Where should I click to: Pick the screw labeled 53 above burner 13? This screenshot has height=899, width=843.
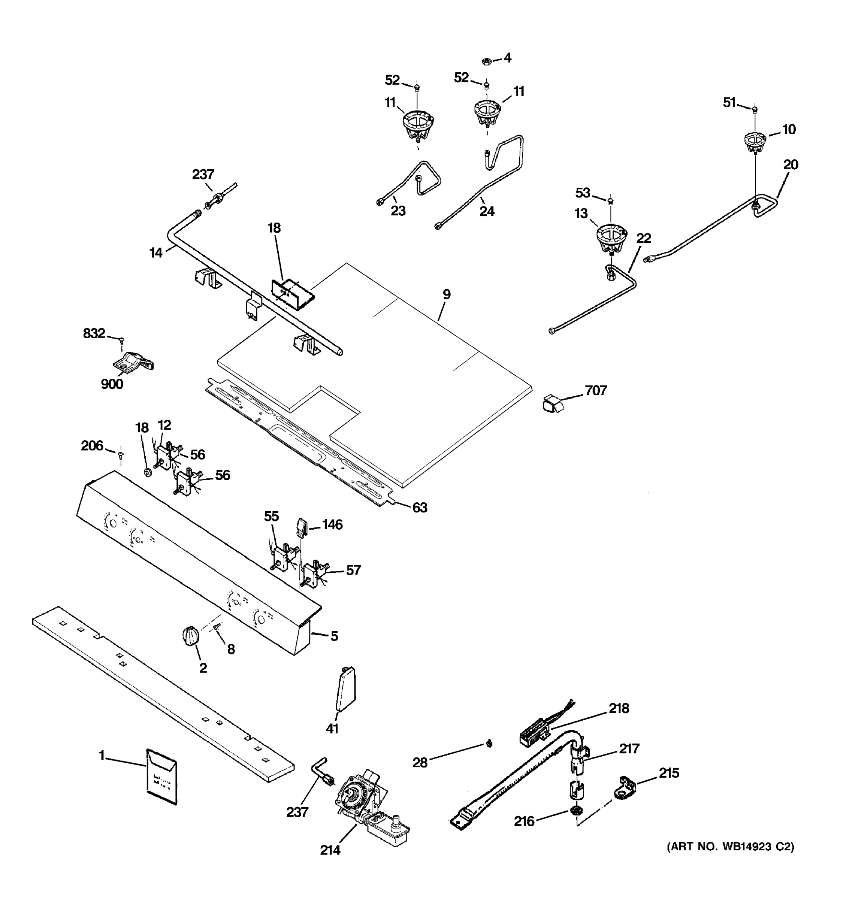click(x=611, y=200)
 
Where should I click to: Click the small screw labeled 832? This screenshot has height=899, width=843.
click(x=121, y=340)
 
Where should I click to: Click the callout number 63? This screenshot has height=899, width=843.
click(x=419, y=508)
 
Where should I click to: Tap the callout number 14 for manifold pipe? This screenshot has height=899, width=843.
click(x=156, y=253)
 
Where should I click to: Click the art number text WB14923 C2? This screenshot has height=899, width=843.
click(x=730, y=846)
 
